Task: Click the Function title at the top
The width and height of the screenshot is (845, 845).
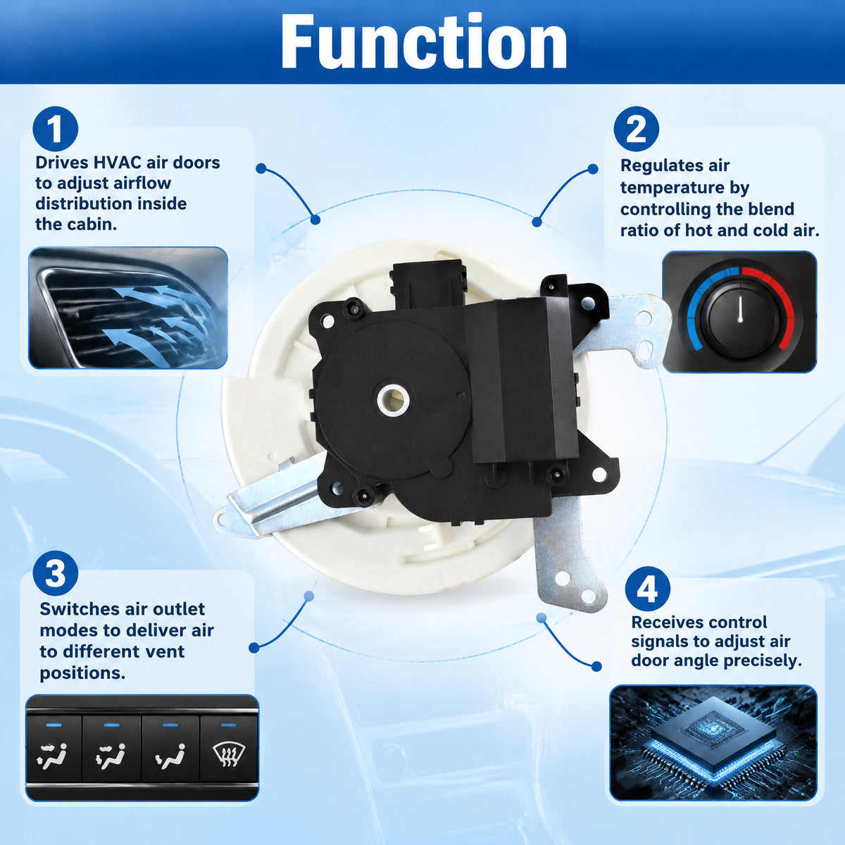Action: coord(424,41)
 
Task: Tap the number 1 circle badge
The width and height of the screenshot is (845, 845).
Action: coord(55,129)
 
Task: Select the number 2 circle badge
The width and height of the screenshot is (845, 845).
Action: coord(637,129)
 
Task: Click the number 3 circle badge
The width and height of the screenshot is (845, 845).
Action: coord(55,573)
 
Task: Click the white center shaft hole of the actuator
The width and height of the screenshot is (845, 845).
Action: coord(394,399)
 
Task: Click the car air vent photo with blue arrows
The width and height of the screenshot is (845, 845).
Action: coord(128,308)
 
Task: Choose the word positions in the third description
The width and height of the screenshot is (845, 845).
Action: coord(82,673)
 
